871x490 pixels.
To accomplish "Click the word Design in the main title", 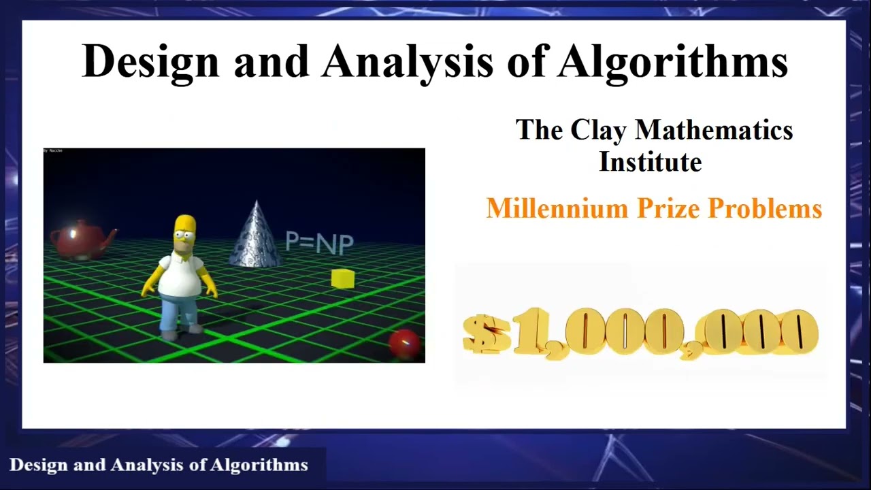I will click(150, 62).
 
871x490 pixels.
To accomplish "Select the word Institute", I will click(650, 162).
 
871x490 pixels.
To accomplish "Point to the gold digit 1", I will click(527, 331).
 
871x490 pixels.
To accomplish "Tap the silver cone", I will click(256, 235).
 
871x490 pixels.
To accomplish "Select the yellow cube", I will click(343, 278).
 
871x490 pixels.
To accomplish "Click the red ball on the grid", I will click(405, 343).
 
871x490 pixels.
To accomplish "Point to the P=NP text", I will click(319, 242).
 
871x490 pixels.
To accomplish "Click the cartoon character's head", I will click(184, 233).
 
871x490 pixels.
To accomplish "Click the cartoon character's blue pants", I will click(179, 313).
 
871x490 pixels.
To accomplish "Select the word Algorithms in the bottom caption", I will click(259, 465).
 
